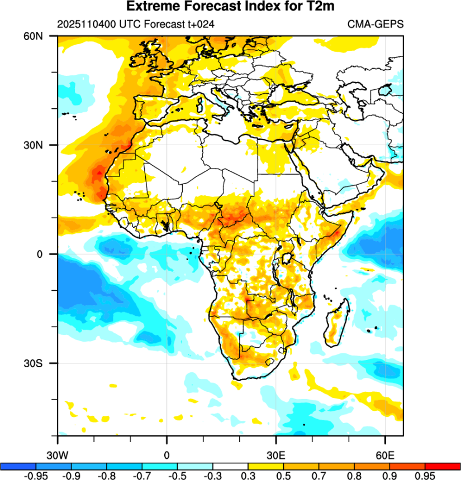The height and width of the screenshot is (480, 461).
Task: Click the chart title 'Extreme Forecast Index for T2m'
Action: (x=230, y=7)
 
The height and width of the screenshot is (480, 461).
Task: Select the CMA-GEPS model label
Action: (x=376, y=24)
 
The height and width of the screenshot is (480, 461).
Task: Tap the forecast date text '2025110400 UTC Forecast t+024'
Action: (x=136, y=24)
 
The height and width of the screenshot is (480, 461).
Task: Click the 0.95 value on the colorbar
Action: (x=425, y=476)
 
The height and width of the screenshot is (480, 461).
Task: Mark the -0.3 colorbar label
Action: (x=212, y=476)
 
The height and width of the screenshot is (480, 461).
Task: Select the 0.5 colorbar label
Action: (x=283, y=476)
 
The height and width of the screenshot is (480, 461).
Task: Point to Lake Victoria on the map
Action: (x=288, y=258)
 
